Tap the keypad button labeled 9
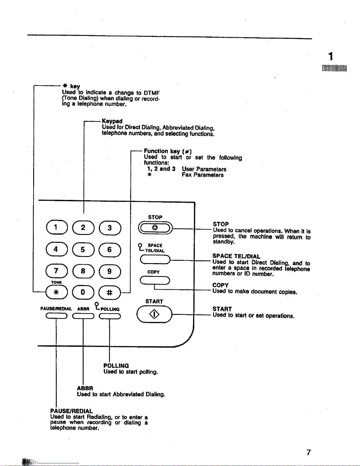(110, 271)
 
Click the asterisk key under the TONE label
(56, 292)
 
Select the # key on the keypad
(110, 293)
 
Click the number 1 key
(57, 227)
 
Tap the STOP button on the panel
(155, 228)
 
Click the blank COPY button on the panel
(155, 280)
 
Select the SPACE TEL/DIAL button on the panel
(155, 260)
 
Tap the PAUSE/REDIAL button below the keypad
(56, 316)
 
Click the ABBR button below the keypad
(83, 316)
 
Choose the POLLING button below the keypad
(110, 316)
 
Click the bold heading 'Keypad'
(112, 121)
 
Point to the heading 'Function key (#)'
(168, 151)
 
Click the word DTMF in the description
(152, 93)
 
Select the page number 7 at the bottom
(309, 452)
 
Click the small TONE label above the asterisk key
(56, 282)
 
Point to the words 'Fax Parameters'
(202, 175)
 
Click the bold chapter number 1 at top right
(331, 56)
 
